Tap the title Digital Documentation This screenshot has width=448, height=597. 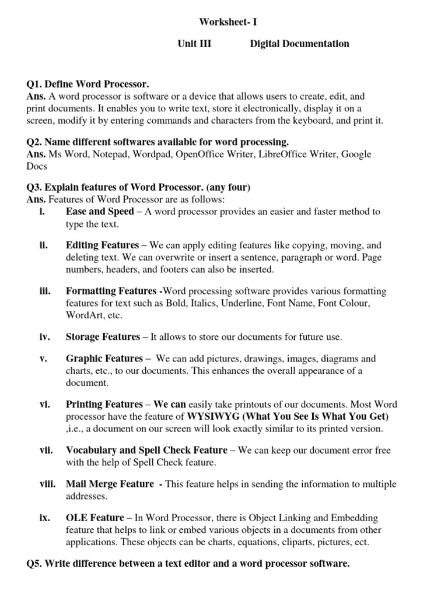300,44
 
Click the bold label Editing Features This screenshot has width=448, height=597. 102,245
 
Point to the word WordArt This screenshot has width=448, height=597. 84,315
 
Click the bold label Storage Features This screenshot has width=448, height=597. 103,337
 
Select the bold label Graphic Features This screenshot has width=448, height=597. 104,359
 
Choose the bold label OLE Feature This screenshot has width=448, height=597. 94,518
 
